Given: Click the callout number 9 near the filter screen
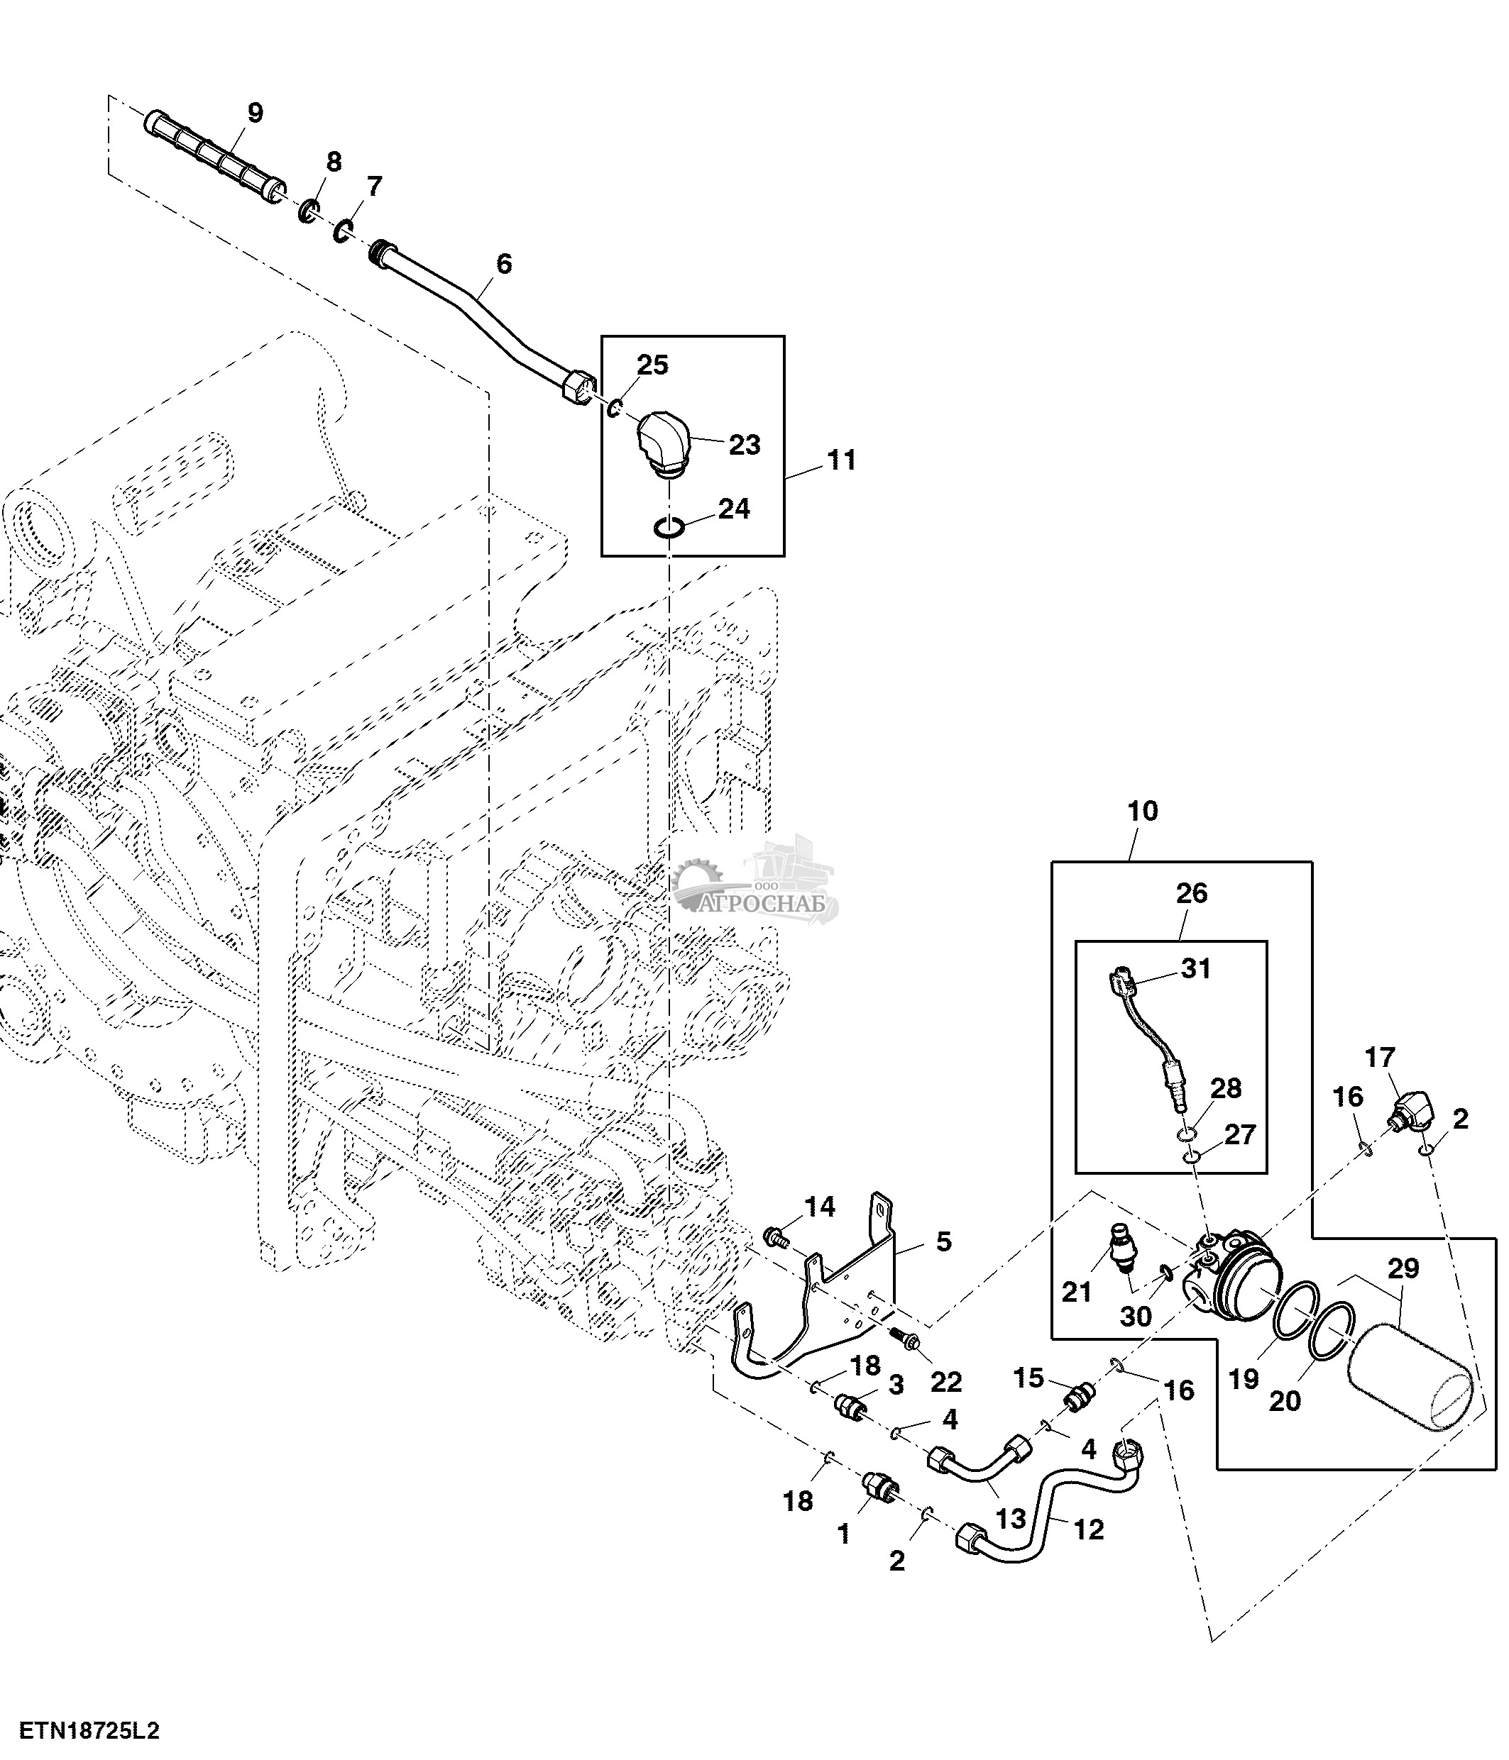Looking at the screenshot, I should tap(255, 112).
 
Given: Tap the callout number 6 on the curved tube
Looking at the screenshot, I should tap(504, 264).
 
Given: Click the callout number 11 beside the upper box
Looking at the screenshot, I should tap(841, 460).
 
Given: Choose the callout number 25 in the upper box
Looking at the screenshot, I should tap(652, 365).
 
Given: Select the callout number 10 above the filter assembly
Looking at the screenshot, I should tap(1143, 812).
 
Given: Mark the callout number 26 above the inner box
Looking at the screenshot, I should tap(1191, 894).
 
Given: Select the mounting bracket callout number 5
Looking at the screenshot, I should tap(943, 1242).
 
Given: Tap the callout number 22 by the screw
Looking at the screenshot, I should tap(945, 1382).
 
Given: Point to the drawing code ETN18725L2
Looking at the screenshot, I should tap(90, 1731).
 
